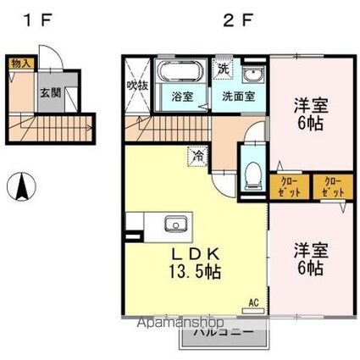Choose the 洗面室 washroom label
click(239, 96)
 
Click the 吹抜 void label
click(137, 86)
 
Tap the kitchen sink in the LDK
click(177, 224)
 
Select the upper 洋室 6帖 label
click(309, 114)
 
